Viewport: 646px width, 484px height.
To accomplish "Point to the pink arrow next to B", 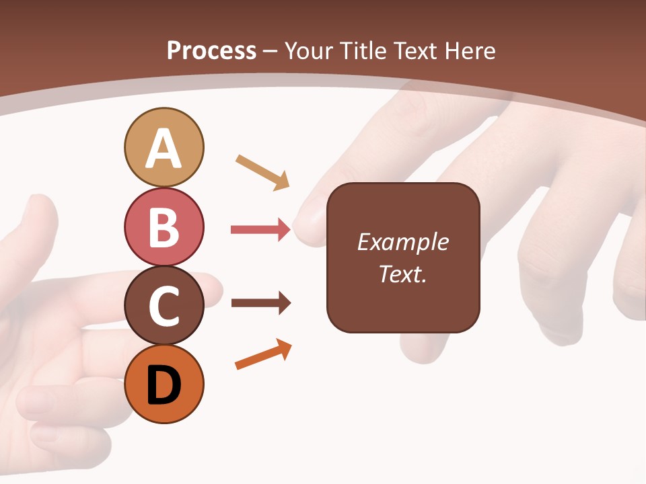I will [260, 230].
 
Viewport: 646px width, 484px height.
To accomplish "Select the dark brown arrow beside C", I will [260, 303].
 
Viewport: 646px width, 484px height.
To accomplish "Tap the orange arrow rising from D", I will [263, 355].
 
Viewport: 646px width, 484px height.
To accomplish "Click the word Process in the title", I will [211, 50].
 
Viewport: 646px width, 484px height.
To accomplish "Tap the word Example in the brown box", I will [403, 242].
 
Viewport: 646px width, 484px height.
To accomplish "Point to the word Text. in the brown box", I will [403, 274].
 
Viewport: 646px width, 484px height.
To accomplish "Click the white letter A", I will [164, 149].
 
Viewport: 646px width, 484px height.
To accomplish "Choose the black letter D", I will [164, 385].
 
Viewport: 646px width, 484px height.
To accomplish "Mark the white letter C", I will [164, 307].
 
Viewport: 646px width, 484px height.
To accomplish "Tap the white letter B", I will [164, 227].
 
